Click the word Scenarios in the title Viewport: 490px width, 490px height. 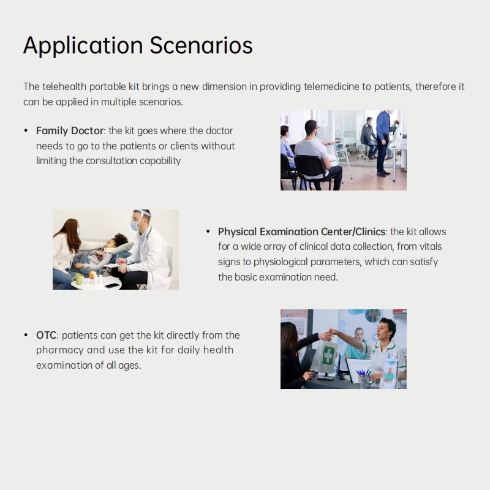[x=201, y=45]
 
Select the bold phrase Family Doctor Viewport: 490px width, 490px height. [x=70, y=130]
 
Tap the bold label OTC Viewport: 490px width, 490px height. [x=47, y=335]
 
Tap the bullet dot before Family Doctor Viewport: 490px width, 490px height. [x=26, y=130]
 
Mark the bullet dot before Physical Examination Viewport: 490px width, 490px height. [x=208, y=232]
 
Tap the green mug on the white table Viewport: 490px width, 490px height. [x=78, y=279]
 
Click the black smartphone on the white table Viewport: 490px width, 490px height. [x=112, y=285]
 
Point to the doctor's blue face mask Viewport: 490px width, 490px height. [x=135, y=225]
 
